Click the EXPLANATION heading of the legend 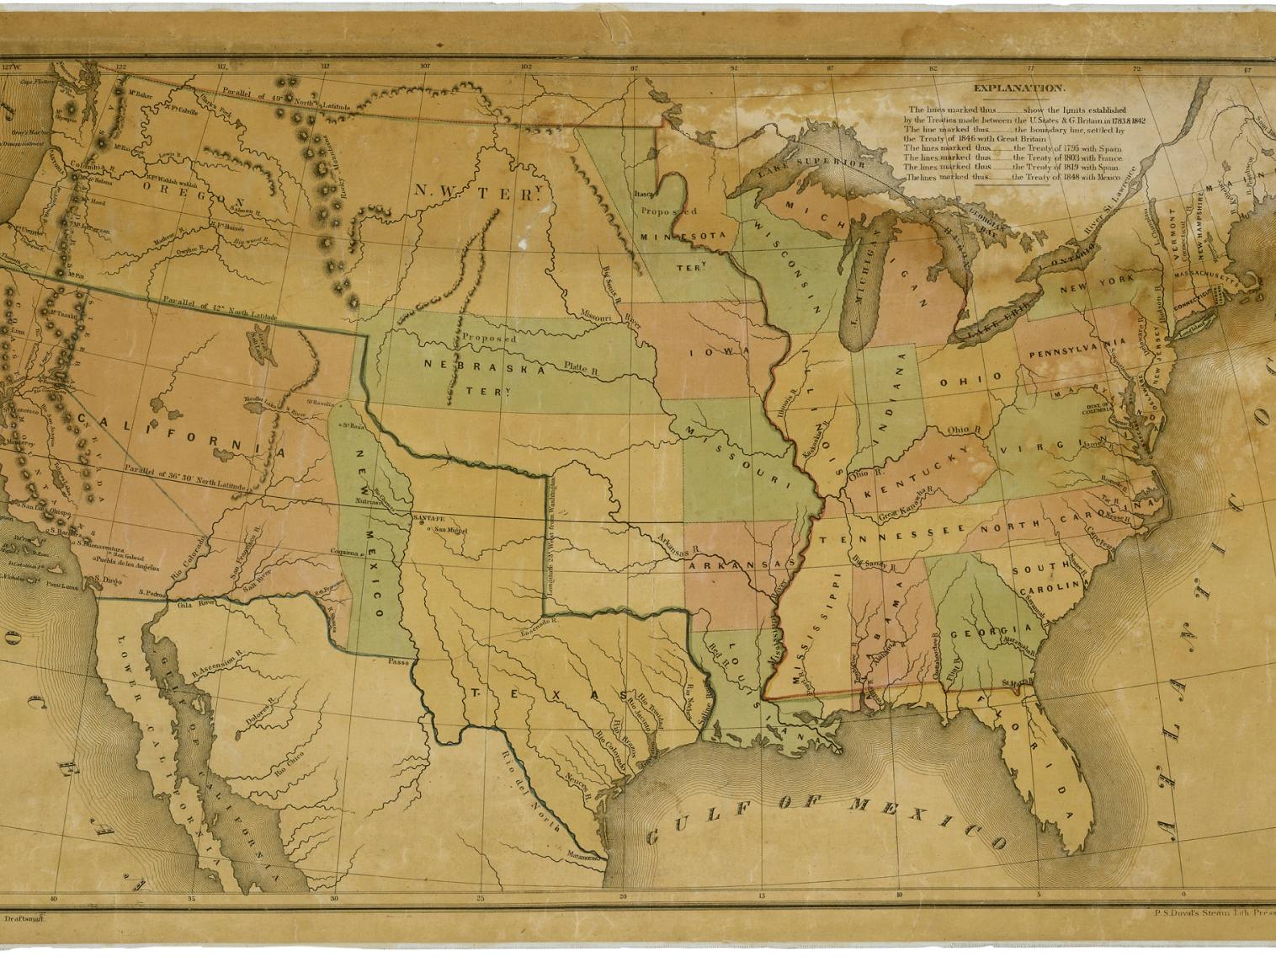point(1018,88)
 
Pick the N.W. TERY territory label point(476,193)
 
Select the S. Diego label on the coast point(107,580)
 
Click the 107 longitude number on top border point(425,66)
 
